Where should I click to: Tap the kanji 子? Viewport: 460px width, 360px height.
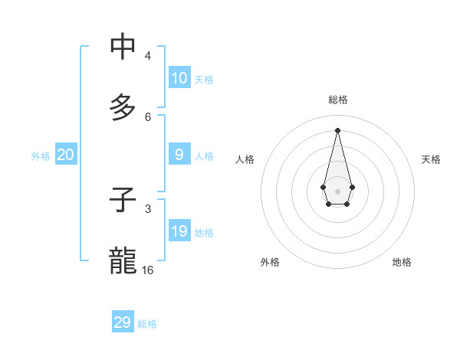(123, 200)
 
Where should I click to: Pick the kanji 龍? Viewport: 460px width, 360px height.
(123, 260)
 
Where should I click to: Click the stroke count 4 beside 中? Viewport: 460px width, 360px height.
(147, 56)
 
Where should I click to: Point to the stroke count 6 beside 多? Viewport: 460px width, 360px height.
(147, 116)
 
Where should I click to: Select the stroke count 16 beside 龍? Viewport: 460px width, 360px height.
(148, 270)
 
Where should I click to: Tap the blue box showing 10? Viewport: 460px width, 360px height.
(179, 78)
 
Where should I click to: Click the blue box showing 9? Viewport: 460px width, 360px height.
(179, 155)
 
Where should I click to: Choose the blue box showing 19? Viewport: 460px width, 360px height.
(179, 231)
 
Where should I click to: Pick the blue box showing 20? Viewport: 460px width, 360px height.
(66, 155)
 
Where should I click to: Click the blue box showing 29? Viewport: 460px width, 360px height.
(123, 322)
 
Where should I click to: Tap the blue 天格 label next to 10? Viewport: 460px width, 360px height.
(203, 80)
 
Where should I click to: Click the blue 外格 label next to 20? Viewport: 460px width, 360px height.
(41, 156)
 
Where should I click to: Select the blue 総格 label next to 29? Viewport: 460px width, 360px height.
(147, 324)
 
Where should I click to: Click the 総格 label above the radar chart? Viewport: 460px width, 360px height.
(337, 100)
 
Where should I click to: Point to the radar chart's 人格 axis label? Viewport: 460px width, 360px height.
(245, 159)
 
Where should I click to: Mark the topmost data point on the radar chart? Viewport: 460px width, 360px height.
(337, 129)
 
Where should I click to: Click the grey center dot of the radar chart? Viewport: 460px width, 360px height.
(337, 191)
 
